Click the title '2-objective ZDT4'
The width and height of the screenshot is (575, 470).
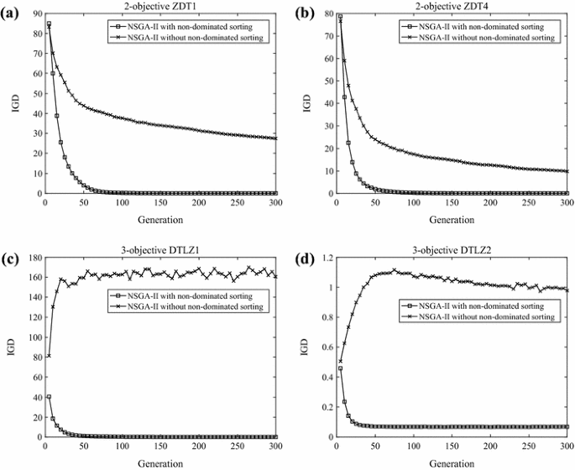452,7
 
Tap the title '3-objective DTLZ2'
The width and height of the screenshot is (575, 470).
452,250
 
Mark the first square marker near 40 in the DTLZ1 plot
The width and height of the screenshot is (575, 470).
49,396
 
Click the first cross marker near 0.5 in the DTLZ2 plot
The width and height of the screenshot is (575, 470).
340,361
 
